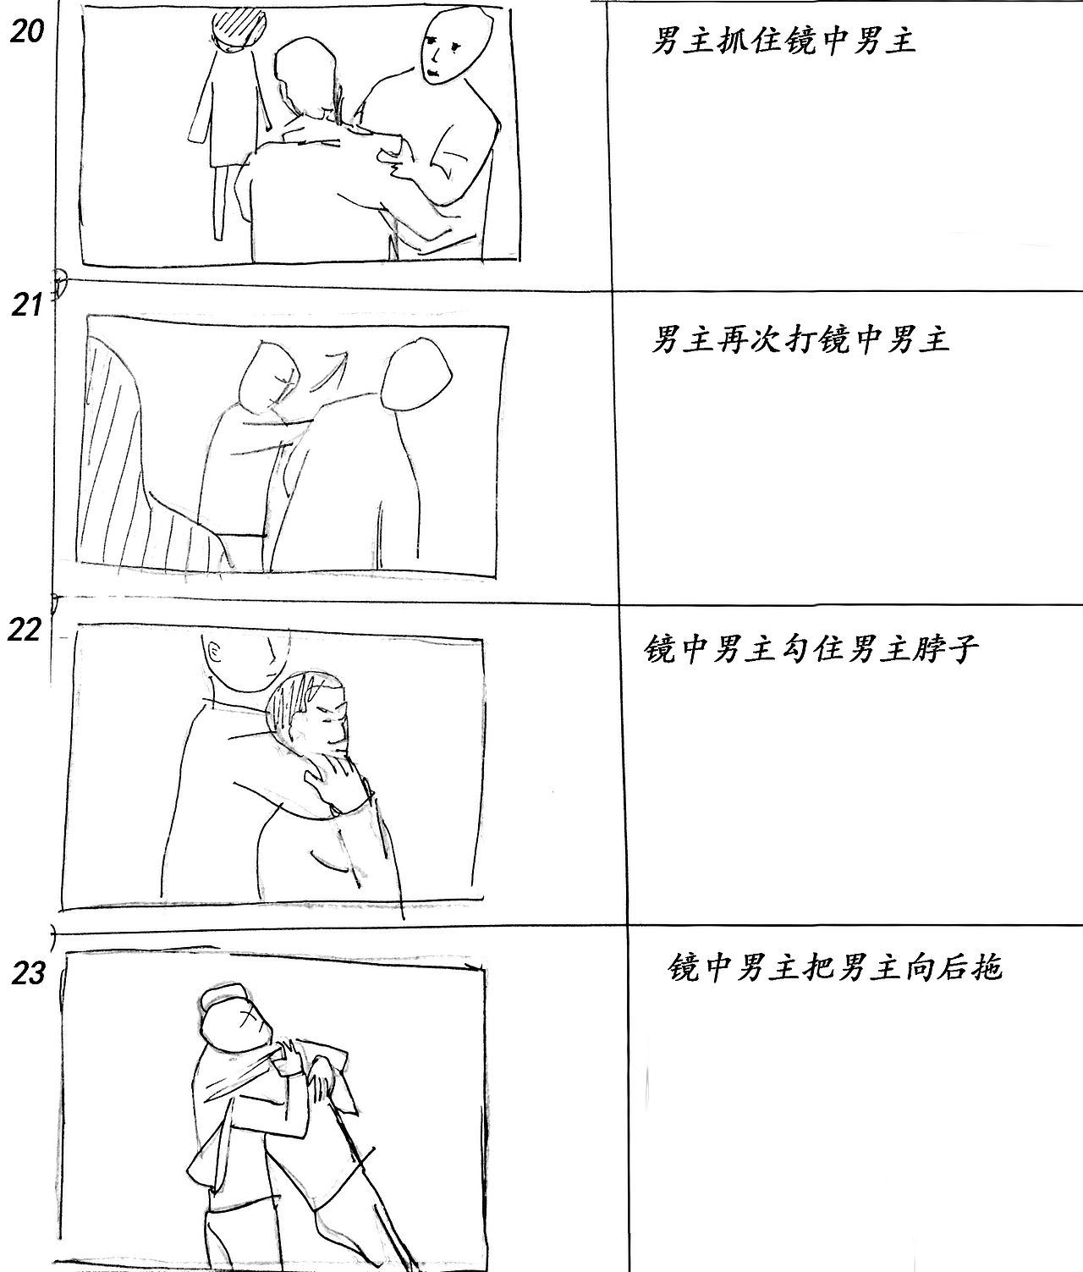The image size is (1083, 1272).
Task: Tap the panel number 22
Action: click(25, 630)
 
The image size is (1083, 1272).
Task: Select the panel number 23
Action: click(28, 973)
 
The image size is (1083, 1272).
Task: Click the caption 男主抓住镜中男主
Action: click(783, 40)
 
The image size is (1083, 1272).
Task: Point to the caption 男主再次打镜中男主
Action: click(800, 339)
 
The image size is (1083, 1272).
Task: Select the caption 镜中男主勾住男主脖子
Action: click(811, 649)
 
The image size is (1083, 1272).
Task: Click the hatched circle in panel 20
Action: click(241, 27)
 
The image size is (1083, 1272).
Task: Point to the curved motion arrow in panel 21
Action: click(330, 371)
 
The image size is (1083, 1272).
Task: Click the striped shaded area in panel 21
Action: click(118, 465)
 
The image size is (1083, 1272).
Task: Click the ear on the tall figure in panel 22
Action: click(212, 652)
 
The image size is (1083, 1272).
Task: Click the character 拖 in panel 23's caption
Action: click(987, 966)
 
